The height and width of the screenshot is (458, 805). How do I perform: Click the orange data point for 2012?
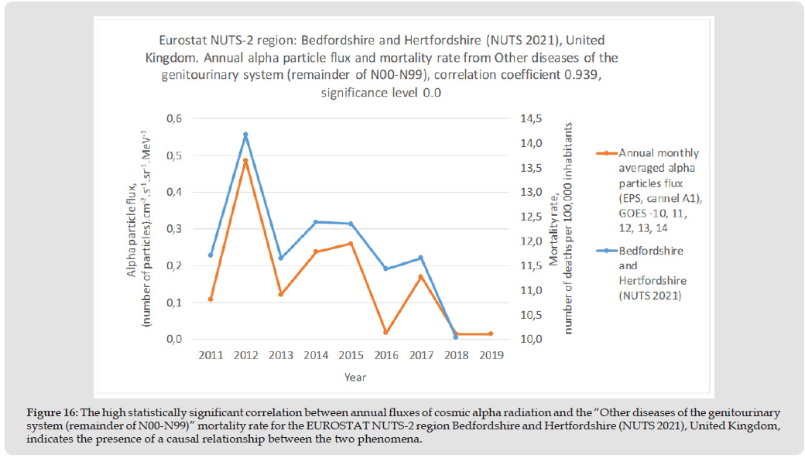[x=245, y=161]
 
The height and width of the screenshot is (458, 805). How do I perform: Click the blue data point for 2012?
[x=245, y=135]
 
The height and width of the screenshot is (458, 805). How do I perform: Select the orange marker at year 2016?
[x=386, y=333]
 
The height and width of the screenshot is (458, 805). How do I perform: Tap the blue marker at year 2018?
[x=456, y=337]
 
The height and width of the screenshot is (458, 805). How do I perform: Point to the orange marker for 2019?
[x=491, y=334]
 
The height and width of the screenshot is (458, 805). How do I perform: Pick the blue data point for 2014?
[x=316, y=222]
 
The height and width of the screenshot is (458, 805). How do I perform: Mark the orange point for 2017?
[x=421, y=277]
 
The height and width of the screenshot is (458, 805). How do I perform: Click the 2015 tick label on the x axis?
[x=351, y=355]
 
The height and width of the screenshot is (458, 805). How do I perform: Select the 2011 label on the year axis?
[x=211, y=355]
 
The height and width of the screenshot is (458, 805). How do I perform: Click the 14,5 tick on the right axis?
[x=531, y=118]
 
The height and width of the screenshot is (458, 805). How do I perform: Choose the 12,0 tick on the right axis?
[x=531, y=241]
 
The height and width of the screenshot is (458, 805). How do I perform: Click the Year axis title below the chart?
[x=356, y=378]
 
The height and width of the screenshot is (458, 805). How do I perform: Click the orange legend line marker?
[x=605, y=153]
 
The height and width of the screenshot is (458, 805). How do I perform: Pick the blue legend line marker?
[x=605, y=251]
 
